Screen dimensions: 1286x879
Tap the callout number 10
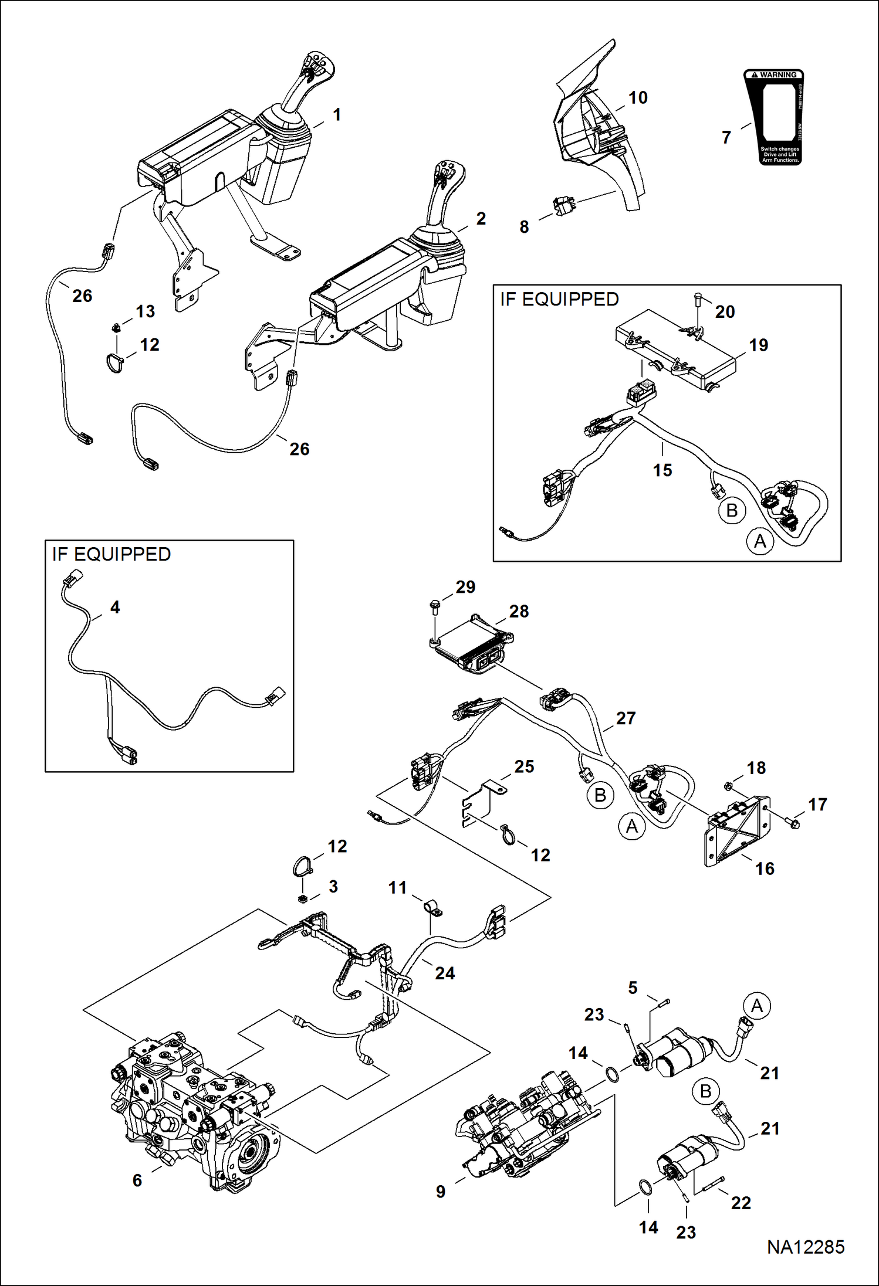pos(638,98)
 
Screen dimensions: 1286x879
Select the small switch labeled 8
pos(564,206)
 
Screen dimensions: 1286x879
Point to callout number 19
pos(758,345)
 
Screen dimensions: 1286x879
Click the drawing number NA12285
pos(805,1247)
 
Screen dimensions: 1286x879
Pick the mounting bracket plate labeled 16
pos(736,830)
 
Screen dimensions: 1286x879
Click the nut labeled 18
pos(728,784)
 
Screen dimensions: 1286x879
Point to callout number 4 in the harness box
pos(115,608)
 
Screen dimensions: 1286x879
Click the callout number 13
pos(146,311)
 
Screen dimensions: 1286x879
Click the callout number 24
pos(445,973)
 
